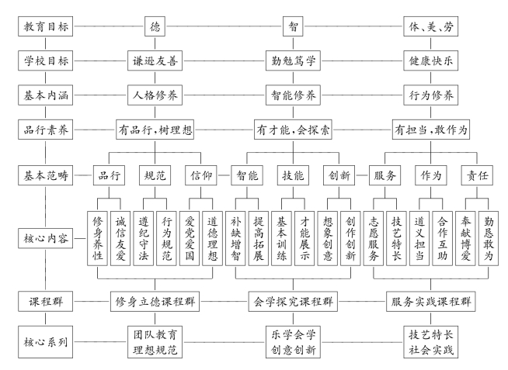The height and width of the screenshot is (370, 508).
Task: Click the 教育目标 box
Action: (x=45, y=26)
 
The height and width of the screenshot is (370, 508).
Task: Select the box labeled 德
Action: (x=155, y=26)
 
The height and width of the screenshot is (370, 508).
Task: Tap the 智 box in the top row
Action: (x=293, y=26)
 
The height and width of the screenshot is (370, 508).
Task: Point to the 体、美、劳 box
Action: (x=430, y=26)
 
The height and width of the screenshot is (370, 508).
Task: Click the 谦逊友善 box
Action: (x=155, y=61)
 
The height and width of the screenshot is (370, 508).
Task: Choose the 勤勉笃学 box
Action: (x=293, y=61)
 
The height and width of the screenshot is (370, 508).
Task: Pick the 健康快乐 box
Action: (x=430, y=61)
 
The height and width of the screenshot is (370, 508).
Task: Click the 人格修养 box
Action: (x=155, y=95)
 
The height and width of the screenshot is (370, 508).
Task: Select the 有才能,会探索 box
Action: (x=293, y=130)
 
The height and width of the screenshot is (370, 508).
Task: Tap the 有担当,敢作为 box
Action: (x=431, y=130)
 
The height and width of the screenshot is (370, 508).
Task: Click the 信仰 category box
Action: (x=201, y=175)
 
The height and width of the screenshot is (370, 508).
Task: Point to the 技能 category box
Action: (x=293, y=175)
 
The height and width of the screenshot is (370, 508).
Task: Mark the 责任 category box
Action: (x=477, y=175)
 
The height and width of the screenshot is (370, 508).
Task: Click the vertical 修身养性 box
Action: (x=97, y=238)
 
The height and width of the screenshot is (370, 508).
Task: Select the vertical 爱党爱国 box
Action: (x=190, y=238)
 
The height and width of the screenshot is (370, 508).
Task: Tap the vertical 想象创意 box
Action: (x=328, y=238)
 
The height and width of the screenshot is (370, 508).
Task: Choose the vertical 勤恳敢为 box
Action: (x=489, y=238)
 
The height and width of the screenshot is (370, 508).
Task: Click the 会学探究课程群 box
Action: (x=293, y=302)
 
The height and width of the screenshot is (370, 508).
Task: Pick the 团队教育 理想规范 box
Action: (x=155, y=342)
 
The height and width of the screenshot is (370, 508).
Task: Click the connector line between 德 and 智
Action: (x=224, y=26)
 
